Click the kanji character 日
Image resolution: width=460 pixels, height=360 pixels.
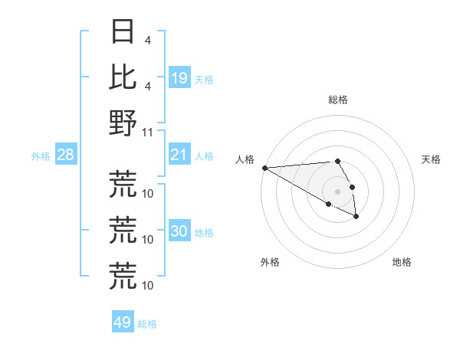click(123, 32)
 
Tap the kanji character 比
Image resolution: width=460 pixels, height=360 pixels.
click(123, 76)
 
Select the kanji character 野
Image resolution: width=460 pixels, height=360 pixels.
click(123, 122)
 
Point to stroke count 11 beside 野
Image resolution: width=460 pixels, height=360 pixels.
click(148, 131)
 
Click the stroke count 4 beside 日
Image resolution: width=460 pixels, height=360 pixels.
click(147, 39)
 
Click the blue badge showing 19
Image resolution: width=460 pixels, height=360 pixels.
click(179, 78)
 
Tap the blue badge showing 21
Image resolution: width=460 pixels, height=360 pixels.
click(179, 155)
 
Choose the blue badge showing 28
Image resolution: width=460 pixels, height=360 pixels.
click(65, 155)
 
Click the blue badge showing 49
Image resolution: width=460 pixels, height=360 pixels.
click(122, 322)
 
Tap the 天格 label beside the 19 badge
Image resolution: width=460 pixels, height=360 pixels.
click(204, 79)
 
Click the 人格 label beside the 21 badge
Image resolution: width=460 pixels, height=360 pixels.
click(204, 156)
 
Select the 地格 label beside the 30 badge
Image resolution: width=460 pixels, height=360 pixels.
click(204, 233)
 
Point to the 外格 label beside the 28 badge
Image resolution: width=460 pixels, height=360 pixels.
click(41, 156)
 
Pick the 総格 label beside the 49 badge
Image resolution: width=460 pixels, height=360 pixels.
click(147, 324)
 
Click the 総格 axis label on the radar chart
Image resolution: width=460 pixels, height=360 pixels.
click(338, 100)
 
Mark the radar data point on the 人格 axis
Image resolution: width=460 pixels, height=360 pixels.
click(264, 168)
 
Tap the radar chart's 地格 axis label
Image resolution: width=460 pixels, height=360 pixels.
click(402, 262)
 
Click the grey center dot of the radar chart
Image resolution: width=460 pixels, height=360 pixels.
click(337, 191)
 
